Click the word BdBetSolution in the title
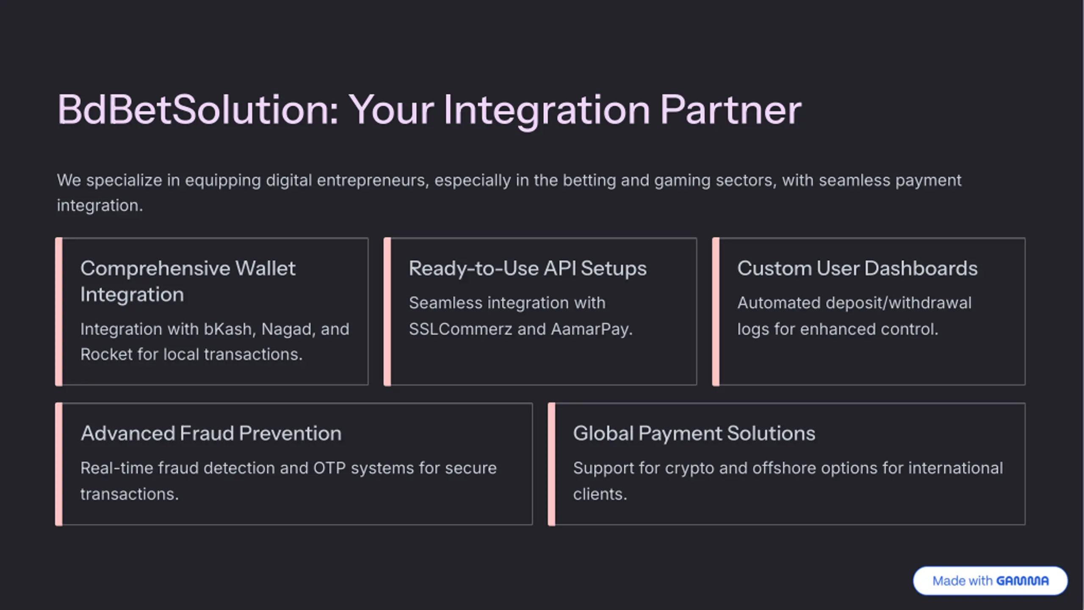[197, 110]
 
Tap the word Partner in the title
[730, 110]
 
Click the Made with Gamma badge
[990, 581]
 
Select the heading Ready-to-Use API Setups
[528, 268]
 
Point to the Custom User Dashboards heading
[857, 268]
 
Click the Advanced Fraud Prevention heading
[211, 433]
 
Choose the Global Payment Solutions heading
[694, 433]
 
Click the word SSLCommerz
[460, 329]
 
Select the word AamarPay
[591, 329]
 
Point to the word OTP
[329, 468]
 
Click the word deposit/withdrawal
[898, 303]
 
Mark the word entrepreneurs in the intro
[373, 181]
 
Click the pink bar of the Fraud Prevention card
[59, 464]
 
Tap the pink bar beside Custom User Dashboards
[716, 312]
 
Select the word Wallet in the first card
[265, 268]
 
